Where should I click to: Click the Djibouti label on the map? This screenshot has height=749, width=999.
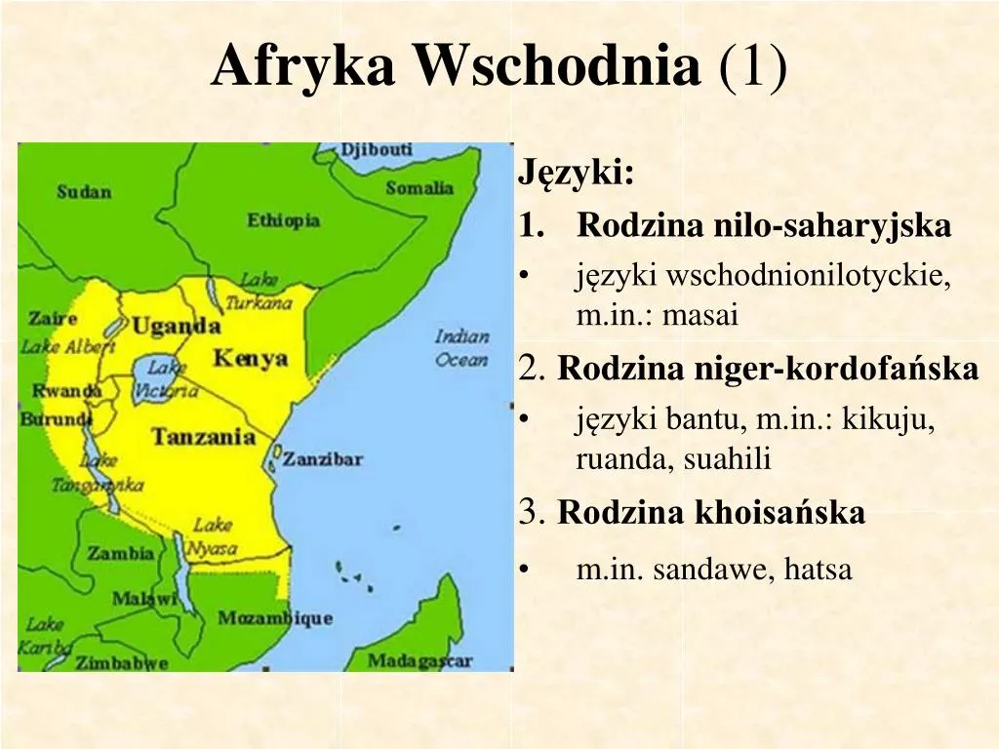pyautogui.click(x=376, y=151)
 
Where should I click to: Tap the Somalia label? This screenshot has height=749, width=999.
pyautogui.click(x=420, y=187)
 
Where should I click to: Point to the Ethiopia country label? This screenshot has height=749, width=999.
pyautogui.click(x=283, y=220)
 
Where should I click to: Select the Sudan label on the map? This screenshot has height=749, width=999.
pyautogui.click(x=84, y=191)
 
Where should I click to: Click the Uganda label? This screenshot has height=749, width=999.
pyautogui.click(x=176, y=326)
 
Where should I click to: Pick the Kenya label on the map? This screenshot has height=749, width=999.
pyautogui.click(x=251, y=358)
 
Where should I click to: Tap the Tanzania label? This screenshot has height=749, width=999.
pyautogui.click(x=203, y=436)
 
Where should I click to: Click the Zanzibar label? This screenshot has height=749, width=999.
pyautogui.click(x=322, y=458)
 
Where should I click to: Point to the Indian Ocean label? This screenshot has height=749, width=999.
pyautogui.click(x=461, y=348)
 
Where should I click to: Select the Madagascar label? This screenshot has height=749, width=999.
pyautogui.click(x=420, y=661)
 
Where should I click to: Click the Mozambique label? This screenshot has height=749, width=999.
pyautogui.click(x=275, y=618)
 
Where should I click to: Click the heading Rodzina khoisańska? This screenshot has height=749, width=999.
pyautogui.click(x=711, y=513)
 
